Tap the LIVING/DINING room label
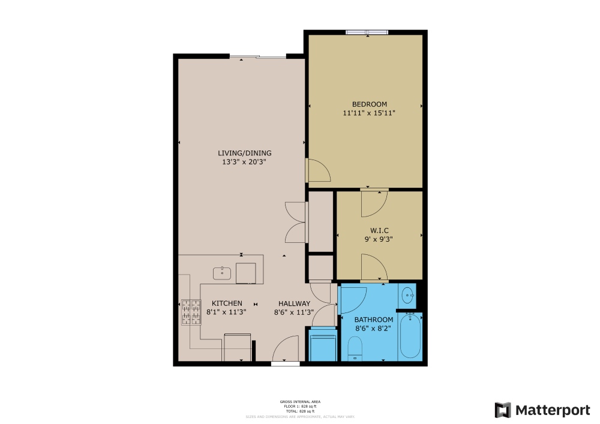pos(244,153)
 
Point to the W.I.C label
pos(379,230)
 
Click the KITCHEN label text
pos(226,303)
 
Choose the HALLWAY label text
pos(293,303)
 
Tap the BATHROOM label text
pos(373,320)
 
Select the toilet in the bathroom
pos(355,348)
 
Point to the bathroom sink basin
pos(408,294)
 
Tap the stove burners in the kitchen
pos(191,312)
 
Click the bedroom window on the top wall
pos(367,32)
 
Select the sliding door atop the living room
pos(258,57)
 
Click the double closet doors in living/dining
pos(296,222)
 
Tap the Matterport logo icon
pos(502,410)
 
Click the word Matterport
pos(553,410)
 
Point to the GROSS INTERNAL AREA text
pos(304,401)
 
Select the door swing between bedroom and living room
pos(317,170)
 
